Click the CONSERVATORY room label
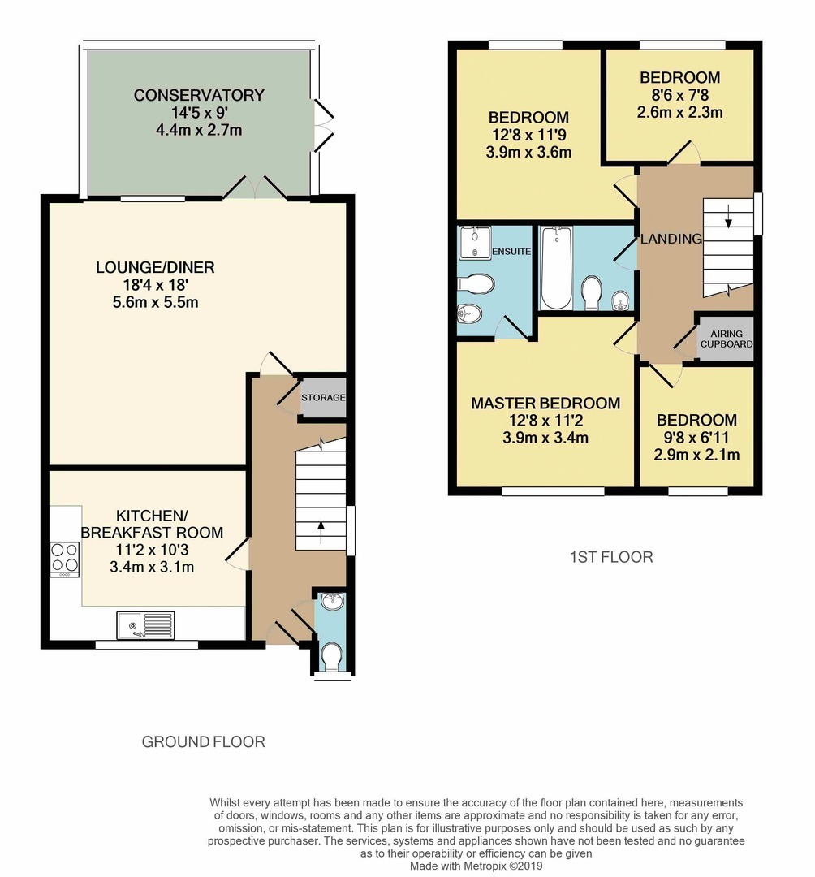point(199,95)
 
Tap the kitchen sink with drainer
point(145,624)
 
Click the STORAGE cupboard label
point(323,398)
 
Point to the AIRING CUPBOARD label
point(726,339)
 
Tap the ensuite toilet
point(477,284)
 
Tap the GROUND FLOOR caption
point(203,741)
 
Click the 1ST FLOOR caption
point(610,557)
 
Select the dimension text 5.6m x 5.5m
point(155,303)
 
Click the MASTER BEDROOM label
point(545,403)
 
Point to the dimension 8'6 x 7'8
point(679,95)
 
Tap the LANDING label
point(671,239)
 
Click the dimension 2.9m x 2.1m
point(697,455)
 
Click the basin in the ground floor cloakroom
point(332,602)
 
